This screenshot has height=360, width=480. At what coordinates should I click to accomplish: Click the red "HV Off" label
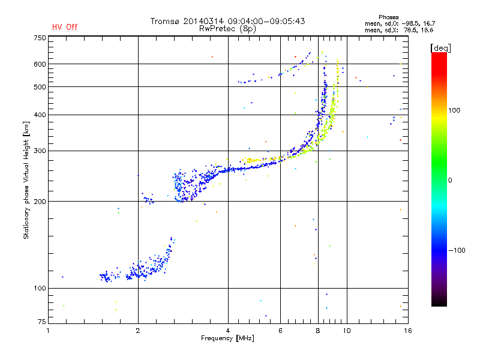click(x=65, y=27)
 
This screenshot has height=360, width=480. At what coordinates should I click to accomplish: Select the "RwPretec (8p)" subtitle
click(x=227, y=29)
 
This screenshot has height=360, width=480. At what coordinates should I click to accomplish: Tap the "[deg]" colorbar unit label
click(x=440, y=49)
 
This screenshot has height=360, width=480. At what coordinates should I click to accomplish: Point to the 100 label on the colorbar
click(x=454, y=110)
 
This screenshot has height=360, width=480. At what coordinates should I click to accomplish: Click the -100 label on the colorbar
click(x=457, y=250)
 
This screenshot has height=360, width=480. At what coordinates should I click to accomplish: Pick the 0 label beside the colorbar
click(x=450, y=181)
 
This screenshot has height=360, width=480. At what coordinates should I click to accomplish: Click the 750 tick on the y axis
click(x=40, y=38)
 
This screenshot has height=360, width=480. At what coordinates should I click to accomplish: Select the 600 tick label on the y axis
click(x=40, y=64)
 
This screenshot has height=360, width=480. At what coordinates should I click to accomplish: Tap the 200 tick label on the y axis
click(x=40, y=202)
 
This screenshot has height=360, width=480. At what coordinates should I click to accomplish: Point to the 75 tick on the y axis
click(x=42, y=322)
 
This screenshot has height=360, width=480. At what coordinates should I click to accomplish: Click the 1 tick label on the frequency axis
click(x=48, y=331)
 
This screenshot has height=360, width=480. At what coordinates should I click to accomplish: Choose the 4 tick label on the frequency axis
click(x=228, y=331)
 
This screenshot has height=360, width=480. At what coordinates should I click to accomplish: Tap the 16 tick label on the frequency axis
click(x=408, y=331)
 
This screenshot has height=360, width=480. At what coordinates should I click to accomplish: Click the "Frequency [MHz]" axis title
click(x=227, y=338)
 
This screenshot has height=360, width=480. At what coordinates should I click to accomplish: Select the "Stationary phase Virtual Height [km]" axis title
click(x=26, y=181)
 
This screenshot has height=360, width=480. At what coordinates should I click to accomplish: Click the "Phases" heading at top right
click(x=388, y=17)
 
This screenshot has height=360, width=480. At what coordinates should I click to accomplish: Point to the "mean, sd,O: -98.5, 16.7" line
click(x=400, y=23)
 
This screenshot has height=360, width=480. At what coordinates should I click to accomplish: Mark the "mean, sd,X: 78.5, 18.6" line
click(x=399, y=30)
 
